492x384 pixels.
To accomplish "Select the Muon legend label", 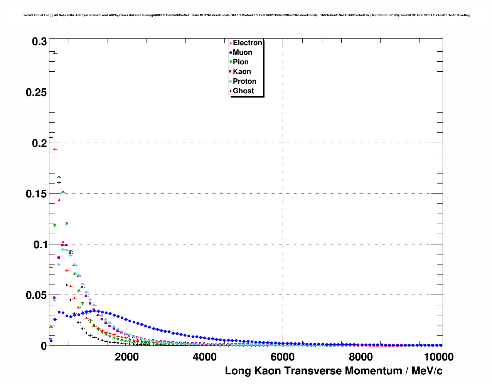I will tap(242, 52).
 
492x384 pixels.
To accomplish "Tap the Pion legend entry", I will tap(240, 62).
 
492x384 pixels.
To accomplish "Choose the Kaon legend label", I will tap(242, 72).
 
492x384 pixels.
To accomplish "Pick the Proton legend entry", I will tap(244, 81).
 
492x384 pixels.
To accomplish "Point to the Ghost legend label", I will tap(243, 91).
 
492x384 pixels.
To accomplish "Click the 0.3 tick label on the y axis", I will tap(39, 42).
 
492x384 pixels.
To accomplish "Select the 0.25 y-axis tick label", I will tap(36, 93).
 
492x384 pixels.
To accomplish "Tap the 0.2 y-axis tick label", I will tap(39, 143).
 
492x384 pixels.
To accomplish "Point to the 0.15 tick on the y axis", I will tap(36, 194).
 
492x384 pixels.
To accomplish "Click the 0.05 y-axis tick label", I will tap(36, 295).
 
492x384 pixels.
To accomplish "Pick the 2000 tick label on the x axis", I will tap(127, 357).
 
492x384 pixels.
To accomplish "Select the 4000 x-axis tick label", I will tap(205, 357).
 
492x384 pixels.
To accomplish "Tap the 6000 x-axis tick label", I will tap(283, 357).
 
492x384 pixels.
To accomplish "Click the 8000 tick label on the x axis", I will tap(361, 357).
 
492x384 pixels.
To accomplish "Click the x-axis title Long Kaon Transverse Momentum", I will tap(334, 371).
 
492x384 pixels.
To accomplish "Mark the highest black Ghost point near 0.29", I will tap(55, 53).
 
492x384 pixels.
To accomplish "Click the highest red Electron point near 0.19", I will tap(55, 149).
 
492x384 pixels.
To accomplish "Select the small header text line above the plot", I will tap(246, 15).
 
